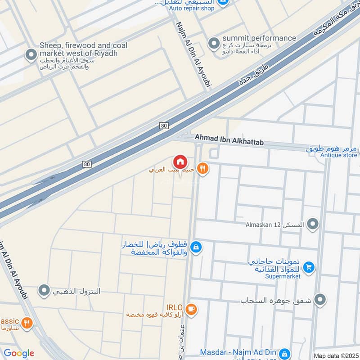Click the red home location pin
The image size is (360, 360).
180,162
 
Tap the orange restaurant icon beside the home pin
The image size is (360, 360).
203,168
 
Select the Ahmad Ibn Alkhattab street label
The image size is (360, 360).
229,139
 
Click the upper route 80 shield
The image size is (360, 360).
164,126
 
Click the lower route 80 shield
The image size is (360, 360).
87,164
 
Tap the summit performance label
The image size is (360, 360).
259,38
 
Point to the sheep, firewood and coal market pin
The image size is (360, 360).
31,55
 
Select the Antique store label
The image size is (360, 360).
338,155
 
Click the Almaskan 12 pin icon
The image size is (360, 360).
313,223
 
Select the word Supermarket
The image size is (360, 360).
283,276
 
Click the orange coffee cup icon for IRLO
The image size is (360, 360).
191,309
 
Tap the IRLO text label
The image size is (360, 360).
174,307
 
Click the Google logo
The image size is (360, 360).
18,353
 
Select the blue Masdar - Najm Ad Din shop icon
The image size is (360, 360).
284,353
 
